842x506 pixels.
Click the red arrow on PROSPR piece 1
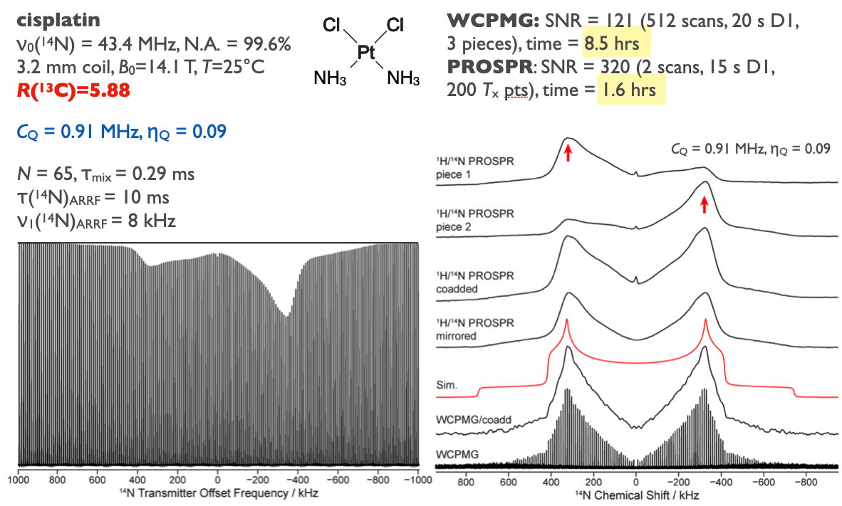coord(568,152)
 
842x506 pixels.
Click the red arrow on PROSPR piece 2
coord(705,205)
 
